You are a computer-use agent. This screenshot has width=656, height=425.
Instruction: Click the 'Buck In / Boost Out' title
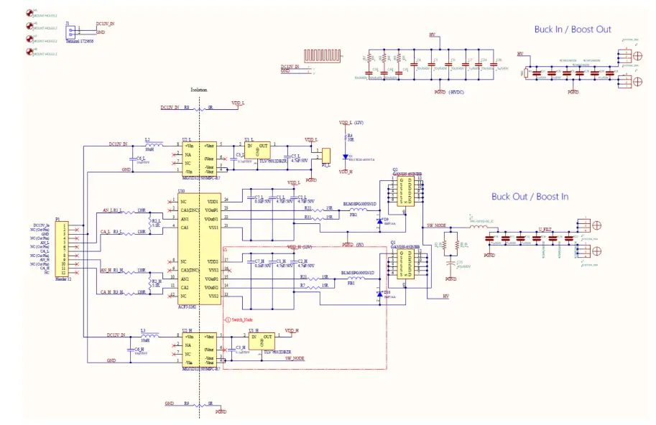tap(572, 29)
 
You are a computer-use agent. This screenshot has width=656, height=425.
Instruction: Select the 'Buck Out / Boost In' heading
tap(530, 196)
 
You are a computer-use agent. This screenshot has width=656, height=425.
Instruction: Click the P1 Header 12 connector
tap(63, 248)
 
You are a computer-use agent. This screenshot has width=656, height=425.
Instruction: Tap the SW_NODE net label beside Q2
tap(436, 225)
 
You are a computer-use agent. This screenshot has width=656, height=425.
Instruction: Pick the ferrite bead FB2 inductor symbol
tap(354, 209)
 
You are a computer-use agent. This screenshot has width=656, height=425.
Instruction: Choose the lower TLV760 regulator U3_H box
tap(260, 340)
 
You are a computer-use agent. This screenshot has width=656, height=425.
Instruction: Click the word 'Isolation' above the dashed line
tap(198, 90)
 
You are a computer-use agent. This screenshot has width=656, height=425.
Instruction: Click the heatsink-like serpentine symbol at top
tap(321, 55)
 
